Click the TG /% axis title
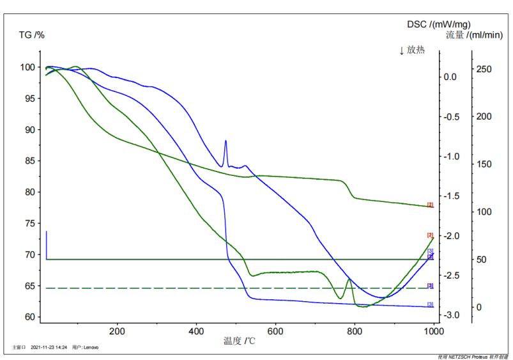(x=32, y=35)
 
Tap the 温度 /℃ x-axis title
(x=240, y=341)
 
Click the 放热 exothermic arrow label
(x=412, y=50)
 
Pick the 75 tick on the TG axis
(x=31, y=223)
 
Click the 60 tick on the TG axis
(x=31, y=317)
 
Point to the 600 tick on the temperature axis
(x=275, y=331)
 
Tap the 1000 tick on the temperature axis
(x=434, y=331)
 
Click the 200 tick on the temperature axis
(x=117, y=331)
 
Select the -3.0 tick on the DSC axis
(x=451, y=315)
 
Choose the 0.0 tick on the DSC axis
(x=450, y=77)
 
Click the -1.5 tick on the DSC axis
(x=451, y=196)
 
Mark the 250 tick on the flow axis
(x=484, y=69)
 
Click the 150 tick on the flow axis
(x=484, y=164)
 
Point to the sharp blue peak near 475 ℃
(x=226, y=141)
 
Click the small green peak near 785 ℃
(x=349, y=279)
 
